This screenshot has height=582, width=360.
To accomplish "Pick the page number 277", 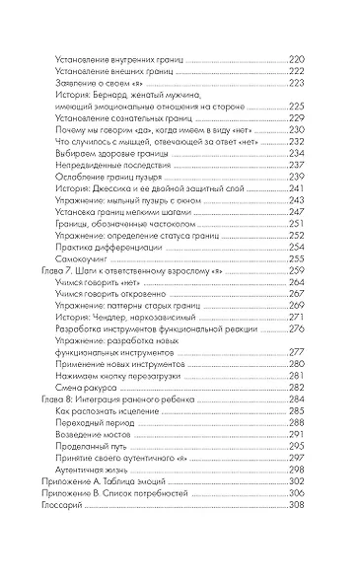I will click(294, 350).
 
